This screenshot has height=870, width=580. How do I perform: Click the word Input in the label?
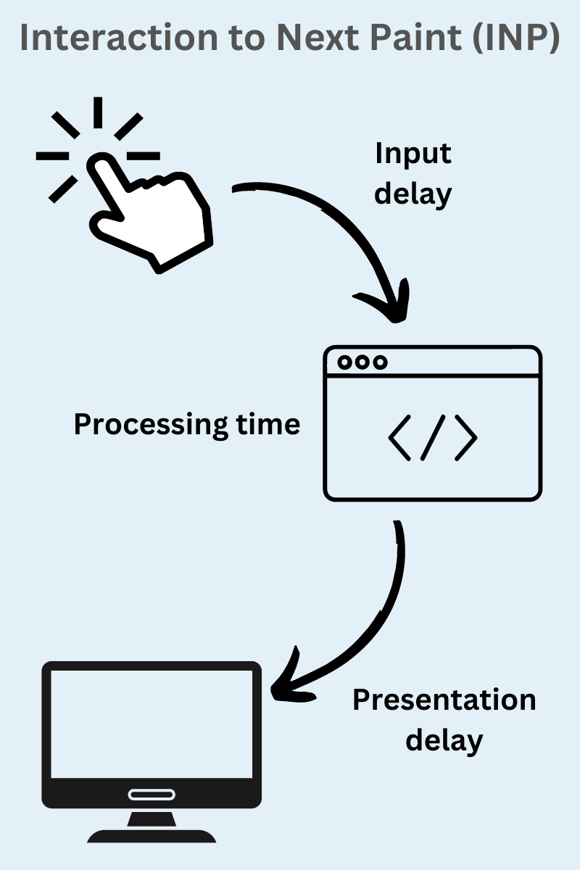(x=413, y=154)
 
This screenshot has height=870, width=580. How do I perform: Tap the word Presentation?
(x=444, y=700)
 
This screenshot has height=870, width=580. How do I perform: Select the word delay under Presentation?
(x=444, y=741)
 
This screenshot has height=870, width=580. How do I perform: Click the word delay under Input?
(x=413, y=194)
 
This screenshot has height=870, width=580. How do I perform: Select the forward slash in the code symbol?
(x=433, y=437)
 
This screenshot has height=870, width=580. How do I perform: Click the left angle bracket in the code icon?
(x=399, y=437)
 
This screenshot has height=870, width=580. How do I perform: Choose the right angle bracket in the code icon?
(x=466, y=437)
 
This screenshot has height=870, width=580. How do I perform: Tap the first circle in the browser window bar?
(x=345, y=362)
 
